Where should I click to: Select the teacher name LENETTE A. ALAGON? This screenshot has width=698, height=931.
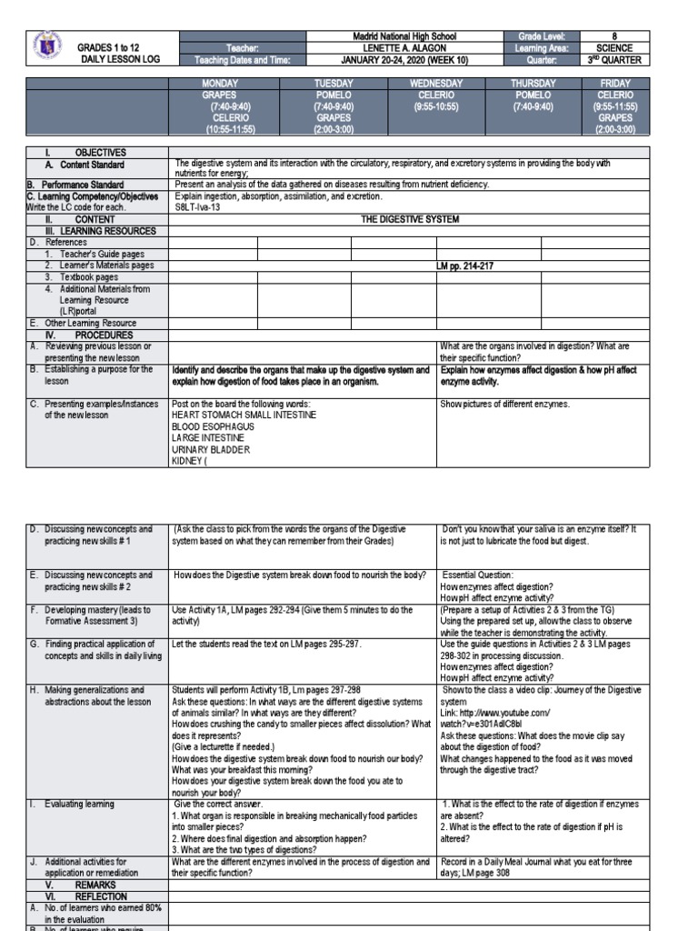click(404, 48)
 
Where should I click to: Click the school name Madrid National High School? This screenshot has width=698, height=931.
click(404, 36)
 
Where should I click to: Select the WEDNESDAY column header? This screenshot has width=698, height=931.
click(436, 83)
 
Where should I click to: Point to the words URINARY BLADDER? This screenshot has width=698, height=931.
click(210, 449)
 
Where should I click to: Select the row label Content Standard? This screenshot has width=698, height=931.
click(92, 165)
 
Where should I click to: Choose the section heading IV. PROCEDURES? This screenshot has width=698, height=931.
click(91, 335)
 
